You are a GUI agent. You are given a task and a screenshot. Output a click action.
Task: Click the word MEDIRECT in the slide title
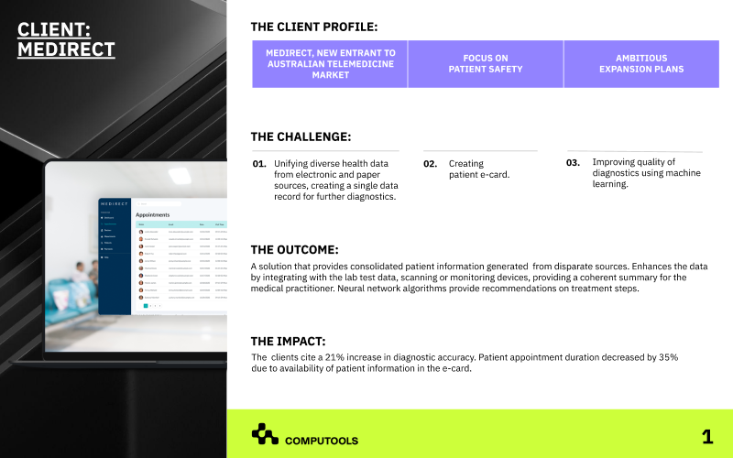(67, 49)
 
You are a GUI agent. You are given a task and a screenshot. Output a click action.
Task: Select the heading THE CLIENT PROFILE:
(313, 27)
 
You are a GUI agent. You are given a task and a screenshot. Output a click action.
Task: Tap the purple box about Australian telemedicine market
(330, 64)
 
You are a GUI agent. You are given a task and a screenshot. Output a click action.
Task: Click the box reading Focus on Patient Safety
(486, 63)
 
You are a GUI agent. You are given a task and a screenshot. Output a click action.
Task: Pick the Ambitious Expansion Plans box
(640, 63)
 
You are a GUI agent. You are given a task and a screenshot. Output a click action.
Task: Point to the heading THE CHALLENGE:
(301, 137)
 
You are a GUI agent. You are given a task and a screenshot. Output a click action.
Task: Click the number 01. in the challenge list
(259, 164)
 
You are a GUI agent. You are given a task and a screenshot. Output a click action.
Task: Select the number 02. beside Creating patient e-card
(430, 164)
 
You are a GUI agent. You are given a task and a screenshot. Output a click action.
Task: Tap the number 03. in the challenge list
(574, 162)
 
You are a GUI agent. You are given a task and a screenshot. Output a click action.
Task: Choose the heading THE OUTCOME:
(294, 249)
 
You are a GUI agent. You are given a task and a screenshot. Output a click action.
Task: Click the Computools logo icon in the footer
(265, 434)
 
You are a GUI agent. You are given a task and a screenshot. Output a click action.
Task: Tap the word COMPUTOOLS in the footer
(322, 441)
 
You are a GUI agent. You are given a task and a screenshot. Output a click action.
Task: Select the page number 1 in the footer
(706, 437)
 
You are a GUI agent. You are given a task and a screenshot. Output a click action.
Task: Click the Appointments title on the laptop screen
(153, 215)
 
